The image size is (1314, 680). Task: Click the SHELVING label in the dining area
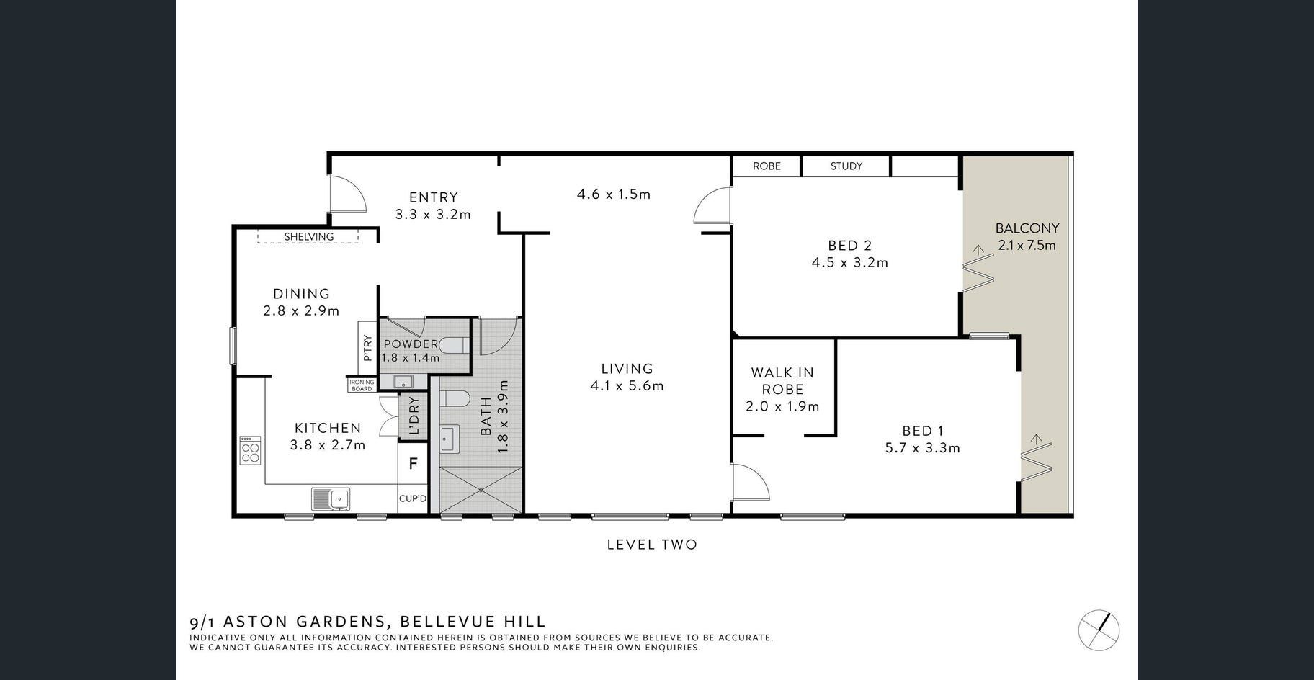(x=308, y=236)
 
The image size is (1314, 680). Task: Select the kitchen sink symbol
(x=331, y=498)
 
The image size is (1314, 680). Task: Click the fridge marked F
(x=413, y=464)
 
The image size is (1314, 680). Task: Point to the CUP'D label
(x=413, y=498)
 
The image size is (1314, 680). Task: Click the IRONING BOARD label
(x=362, y=385)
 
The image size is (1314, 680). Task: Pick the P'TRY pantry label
(x=367, y=348)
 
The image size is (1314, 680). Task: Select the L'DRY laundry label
(x=414, y=416)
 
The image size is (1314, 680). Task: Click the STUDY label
(x=846, y=166)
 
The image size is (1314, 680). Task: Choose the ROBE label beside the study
(x=766, y=166)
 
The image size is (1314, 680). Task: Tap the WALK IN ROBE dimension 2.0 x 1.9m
(x=782, y=406)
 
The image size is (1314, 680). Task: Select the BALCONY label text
(x=1027, y=228)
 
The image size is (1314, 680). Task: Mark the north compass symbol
(x=1099, y=630)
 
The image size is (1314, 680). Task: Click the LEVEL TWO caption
(x=652, y=545)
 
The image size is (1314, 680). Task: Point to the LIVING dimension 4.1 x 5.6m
(x=627, y=385)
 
